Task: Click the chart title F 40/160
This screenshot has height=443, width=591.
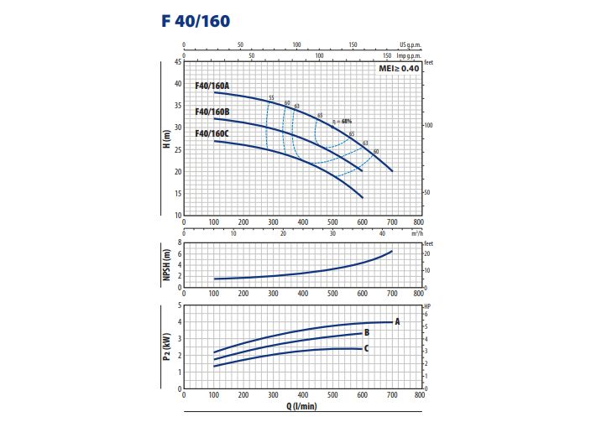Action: (196, 21)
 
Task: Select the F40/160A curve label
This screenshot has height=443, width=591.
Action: (212, 86)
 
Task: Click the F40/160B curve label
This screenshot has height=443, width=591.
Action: (212, 112)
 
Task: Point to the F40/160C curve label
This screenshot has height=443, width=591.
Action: (212, 133)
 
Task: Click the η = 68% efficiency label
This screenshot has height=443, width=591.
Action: (341, 122)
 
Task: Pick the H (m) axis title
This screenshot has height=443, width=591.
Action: (167, 138)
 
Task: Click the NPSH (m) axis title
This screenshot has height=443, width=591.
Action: (167, 264)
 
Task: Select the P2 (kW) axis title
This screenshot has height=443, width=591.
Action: (167, 349)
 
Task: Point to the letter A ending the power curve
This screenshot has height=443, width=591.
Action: (397, 321)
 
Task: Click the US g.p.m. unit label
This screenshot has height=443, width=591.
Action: (408, 44)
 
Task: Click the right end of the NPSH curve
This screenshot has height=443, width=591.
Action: (392, 252)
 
